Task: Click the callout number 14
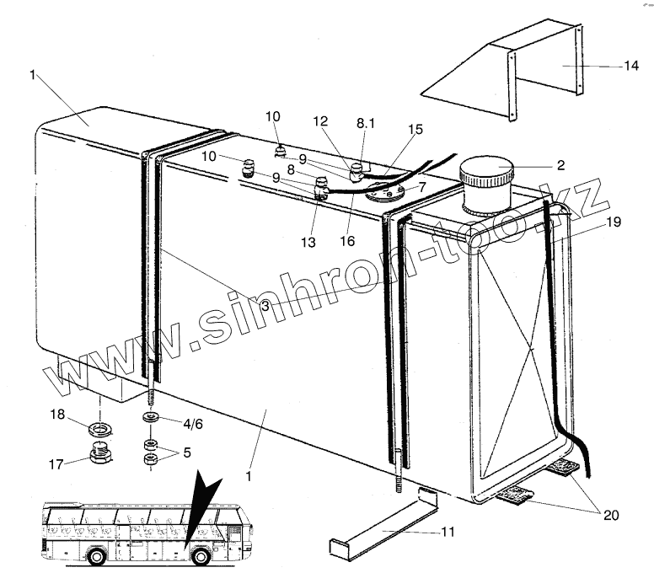tap(630, 66)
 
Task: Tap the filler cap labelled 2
tap(485, 184)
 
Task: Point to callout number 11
tap(447, 532)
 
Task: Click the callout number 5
tap(186, 452)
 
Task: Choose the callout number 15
tap(415, 129)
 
